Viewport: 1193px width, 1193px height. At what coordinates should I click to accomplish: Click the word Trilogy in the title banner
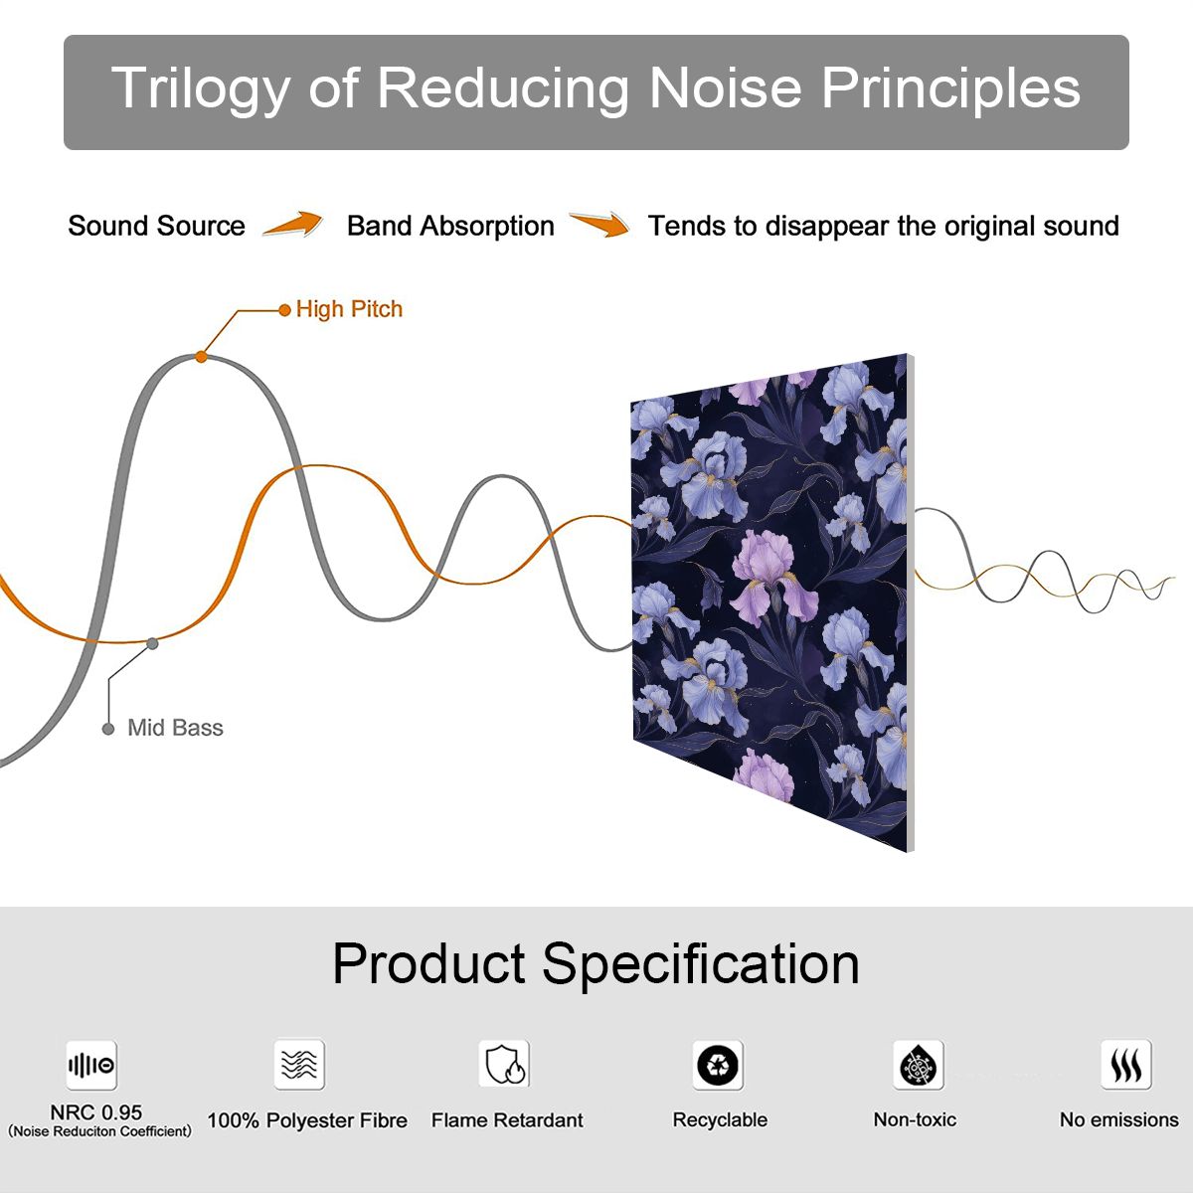pyautogui.click(x=201, y=90)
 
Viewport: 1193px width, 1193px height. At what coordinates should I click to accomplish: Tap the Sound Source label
pyautogui.click(x=157, y=226)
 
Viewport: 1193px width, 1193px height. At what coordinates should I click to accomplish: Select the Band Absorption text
pyautogui.click(x=450, y=226)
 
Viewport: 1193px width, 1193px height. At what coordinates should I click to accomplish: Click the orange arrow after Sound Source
pyautogui.click(x=293, y=224)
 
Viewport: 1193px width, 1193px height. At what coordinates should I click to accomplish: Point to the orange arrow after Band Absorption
pyautogui.click(x=599, y=224)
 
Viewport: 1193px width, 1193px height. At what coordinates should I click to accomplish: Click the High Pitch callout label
pyautogui.click(x=349, y=309)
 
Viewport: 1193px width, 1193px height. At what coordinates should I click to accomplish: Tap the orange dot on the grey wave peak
pyautogui.click(x=201, y=357)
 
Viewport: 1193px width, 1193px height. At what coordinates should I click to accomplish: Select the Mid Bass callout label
pyautogui.click(x=175, y=728)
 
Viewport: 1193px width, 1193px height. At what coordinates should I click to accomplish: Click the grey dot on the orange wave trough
pyautogui.click(x=152, y=644)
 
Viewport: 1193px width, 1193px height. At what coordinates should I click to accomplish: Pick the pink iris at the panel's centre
pyautogui.click(x=773, y=577)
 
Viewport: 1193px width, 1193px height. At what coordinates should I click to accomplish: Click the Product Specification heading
pyautogui.click(x=596, y=964)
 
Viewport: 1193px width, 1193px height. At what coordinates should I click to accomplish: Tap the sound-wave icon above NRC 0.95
pyautogui.click(x=91, y=1065)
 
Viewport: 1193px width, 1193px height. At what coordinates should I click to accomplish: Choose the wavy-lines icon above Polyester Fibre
pyautogui.click(x=299, y=1064)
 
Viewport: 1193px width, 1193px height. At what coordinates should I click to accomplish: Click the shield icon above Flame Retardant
pyautogui.click(x=504, y=1064)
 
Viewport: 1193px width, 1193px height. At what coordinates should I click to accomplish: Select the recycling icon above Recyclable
pyautogui.click(x=718, y=1065)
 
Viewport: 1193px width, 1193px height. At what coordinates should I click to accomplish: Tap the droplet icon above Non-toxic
pyautogui.click(x=919, y=1065)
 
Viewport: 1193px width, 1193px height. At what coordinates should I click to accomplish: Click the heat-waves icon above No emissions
pyautogui.click(x=1126, y=1065)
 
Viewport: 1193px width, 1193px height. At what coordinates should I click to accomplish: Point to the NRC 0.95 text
pyautogui.click(x=96, y=1112)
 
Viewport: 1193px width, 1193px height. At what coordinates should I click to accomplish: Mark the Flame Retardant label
pyautogui.click(x=507, y=1120)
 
